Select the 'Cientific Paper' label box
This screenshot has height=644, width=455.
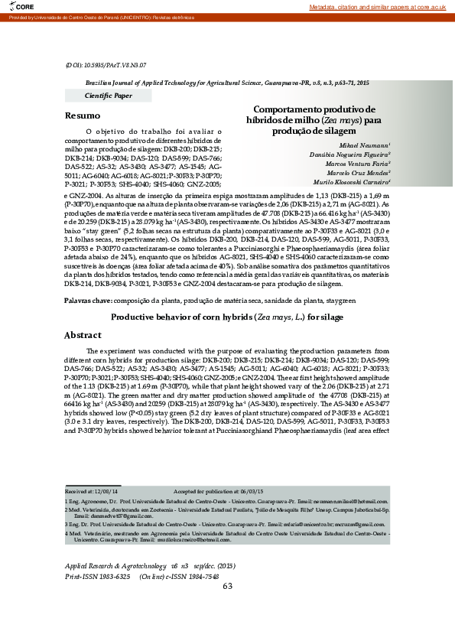[108, 96]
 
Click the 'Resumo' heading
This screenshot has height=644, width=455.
[82, 115]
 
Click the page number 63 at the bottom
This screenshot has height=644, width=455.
[227, 608]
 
